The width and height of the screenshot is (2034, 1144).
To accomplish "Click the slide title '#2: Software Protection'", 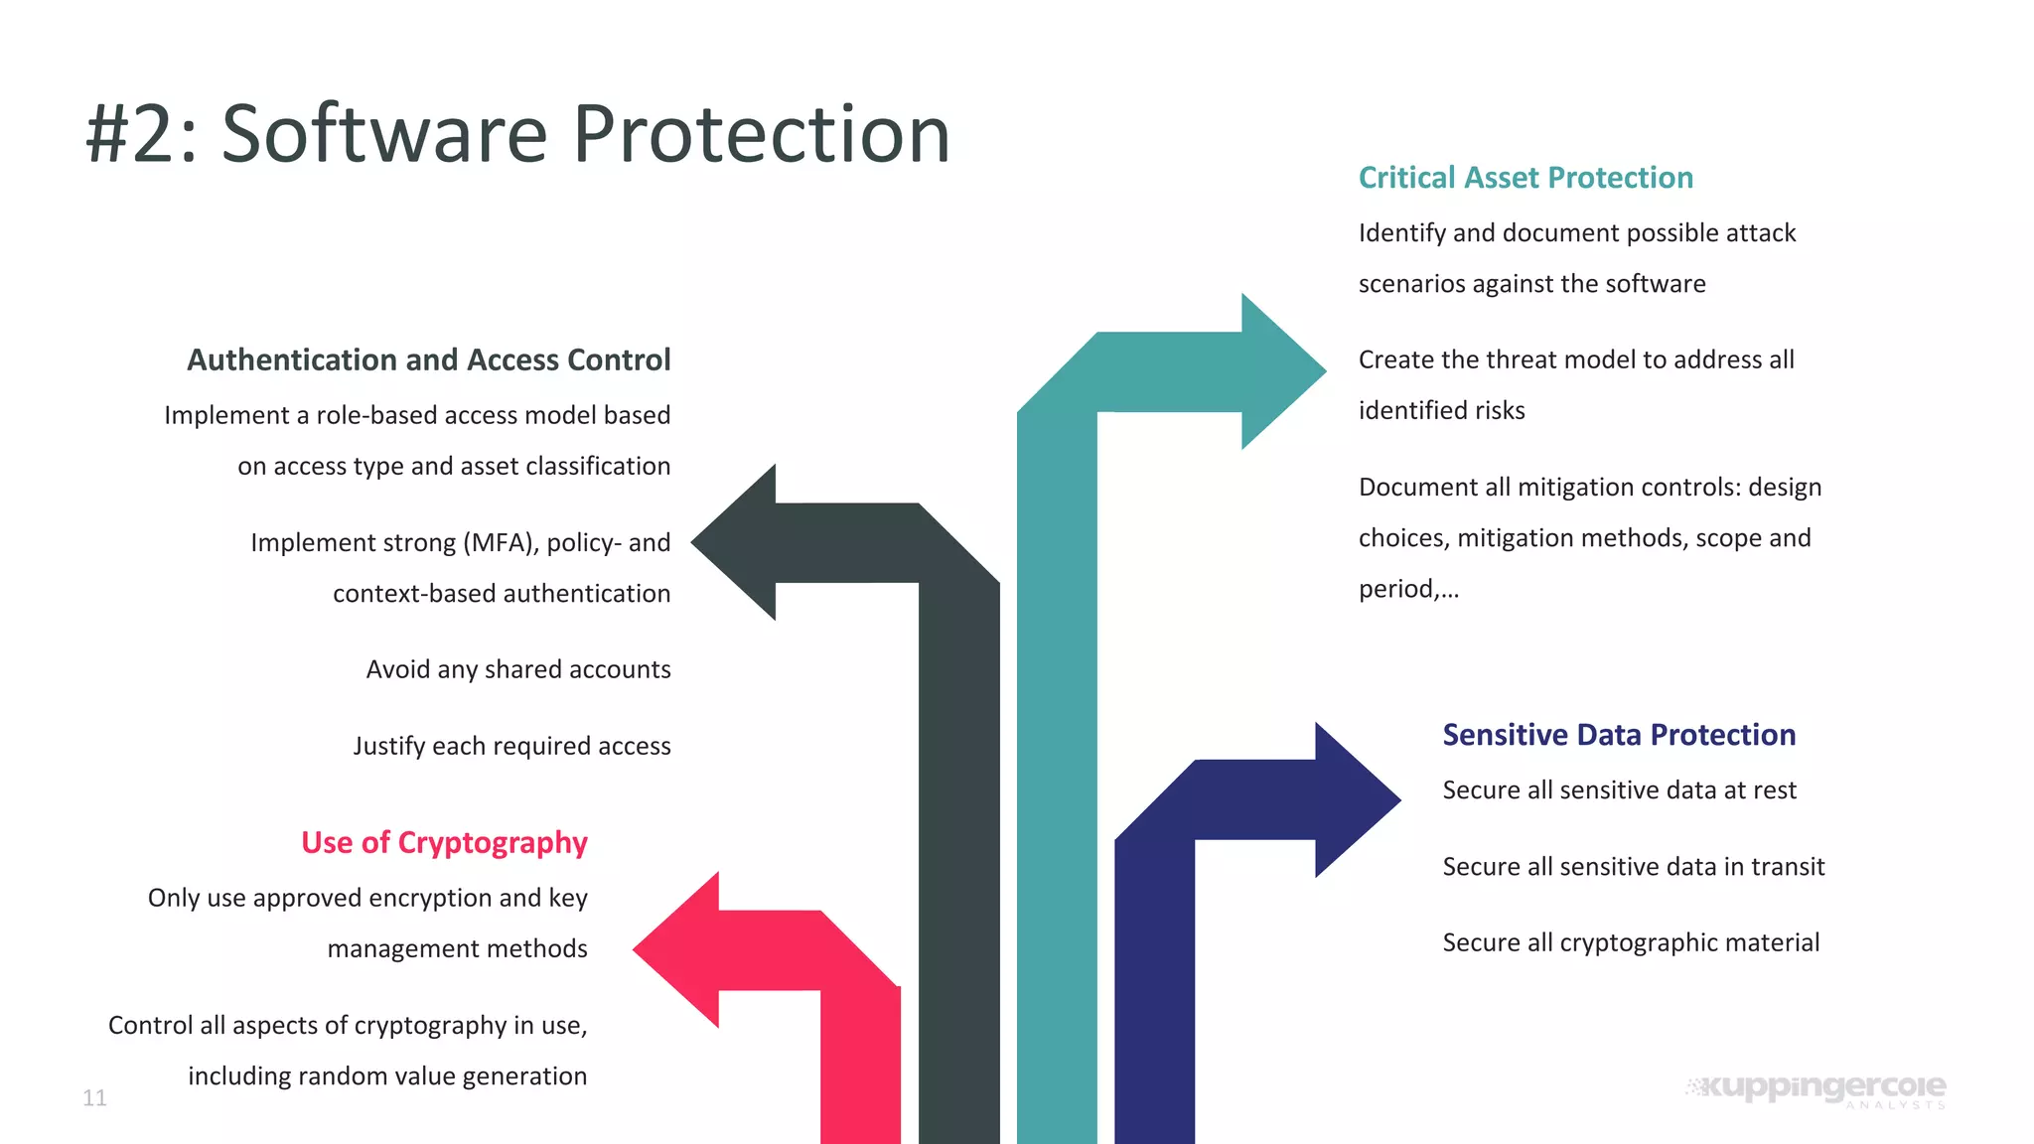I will click(516, 134).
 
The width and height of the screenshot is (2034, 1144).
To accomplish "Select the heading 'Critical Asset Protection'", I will click(1525, 178).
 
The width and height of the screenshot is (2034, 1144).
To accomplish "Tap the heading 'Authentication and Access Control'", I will click(429, 359).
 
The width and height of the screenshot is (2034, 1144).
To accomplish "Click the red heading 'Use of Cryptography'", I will click(444, 842).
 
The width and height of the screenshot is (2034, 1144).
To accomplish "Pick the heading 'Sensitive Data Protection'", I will click(1619, 735).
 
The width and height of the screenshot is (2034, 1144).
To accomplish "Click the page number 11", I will click(94, 1097).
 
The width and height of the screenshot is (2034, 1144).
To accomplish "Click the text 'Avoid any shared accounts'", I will click(518, 669).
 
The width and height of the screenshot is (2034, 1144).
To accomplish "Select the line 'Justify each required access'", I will click(511, 746).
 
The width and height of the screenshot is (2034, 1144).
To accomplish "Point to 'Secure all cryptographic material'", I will click(1631, 942).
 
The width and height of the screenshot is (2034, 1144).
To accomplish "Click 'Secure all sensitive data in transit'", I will click(1634, 867).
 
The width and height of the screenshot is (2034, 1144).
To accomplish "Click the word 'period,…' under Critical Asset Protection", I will click(1408, 589).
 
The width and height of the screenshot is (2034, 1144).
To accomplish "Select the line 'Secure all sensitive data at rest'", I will click(1619, 790).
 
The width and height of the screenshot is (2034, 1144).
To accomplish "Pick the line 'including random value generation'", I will click(387, 1076).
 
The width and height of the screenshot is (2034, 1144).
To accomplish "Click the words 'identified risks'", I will click(1441, 411).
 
